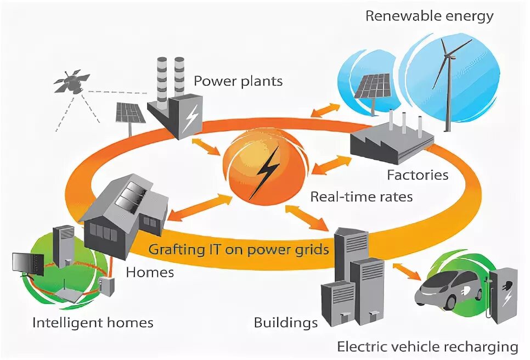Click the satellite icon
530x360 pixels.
[72, 82]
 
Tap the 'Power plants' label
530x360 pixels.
[238, 81]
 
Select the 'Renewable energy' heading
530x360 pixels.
[430, 15]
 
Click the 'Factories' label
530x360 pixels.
[418, 175]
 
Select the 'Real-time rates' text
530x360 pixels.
[362, 196]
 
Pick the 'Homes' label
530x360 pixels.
[150, 271]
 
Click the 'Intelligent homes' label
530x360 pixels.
[93, 322]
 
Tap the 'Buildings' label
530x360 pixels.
[286, 322]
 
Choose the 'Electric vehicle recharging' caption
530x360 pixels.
[427, 347]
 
